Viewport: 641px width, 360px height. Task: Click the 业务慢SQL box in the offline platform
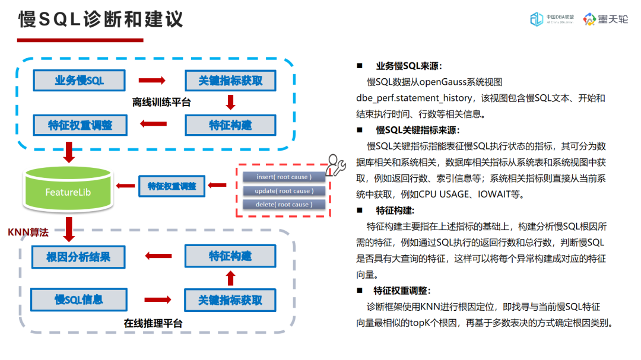click(x=79, y=81)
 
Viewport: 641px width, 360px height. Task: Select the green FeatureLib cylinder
click(x=68, y=189)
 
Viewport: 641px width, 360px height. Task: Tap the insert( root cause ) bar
click(x=283, y=177)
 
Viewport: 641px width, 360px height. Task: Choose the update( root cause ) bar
click(x=283, y=190)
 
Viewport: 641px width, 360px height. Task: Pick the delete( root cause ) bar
click(x=283, y=204)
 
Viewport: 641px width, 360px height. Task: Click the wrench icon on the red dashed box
click(x=336, y=165)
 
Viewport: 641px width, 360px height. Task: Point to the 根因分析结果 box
click(x=78, y=257)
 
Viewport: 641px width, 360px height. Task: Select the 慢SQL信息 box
click(x=79, y=300)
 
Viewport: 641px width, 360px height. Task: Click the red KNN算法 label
click(x=27, y=232)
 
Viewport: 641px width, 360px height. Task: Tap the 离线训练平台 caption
click(x=161, y=102)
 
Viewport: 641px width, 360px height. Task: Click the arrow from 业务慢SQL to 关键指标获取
click(x=151, y=81)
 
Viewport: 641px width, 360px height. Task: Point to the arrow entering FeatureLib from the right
click(x=125, y=186)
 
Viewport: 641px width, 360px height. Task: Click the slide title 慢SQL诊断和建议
click(x=101, y=19)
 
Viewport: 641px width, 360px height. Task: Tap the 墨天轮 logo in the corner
click(x=605, y=19)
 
